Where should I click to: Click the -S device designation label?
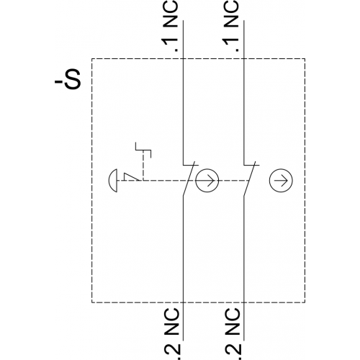coord(68,79)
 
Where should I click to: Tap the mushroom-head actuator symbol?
coord(113,181)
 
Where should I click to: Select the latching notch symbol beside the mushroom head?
coord(131,176)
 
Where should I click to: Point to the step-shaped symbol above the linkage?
coord(143,150)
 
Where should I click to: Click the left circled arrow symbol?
coord(207,181)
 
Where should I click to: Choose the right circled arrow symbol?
coord(281,181)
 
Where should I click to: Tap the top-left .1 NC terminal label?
coord(171,26)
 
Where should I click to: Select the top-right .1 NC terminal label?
coord(231,26)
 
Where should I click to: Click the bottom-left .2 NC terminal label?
coord(171,334)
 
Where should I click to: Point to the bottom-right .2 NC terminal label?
coord(233,334)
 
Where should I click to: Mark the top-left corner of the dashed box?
coord(91,58)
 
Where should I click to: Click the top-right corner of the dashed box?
coord(305,58)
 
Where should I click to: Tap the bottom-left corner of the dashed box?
coord(91,302)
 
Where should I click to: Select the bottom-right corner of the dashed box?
coord(305,302)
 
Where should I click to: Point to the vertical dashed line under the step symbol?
coord(143,166)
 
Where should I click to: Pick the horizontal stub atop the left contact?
coord(191,165)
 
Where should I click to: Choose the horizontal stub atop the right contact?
coord(251,165)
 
